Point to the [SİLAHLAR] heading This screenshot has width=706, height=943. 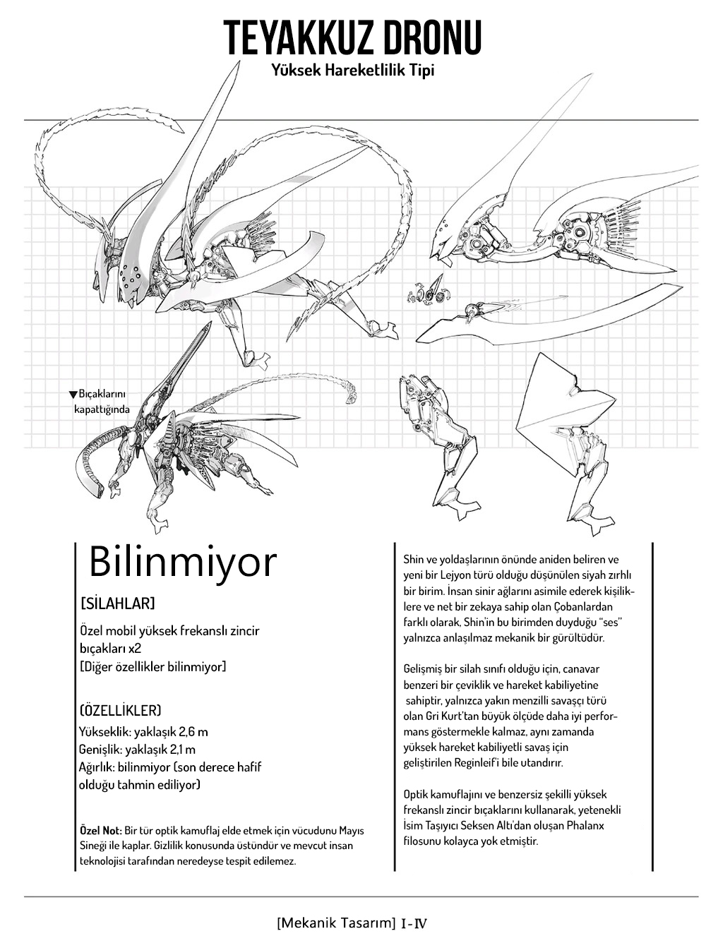click(118, 604)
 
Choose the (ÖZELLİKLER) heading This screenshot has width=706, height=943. click(121, 710)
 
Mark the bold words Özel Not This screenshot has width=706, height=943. click(101, 830)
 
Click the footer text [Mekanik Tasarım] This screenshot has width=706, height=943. click(335, 923)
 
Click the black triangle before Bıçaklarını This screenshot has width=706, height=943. click(73, 395)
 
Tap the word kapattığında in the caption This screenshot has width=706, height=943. click(102, 409)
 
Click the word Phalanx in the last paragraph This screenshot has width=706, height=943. click(595, 825)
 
